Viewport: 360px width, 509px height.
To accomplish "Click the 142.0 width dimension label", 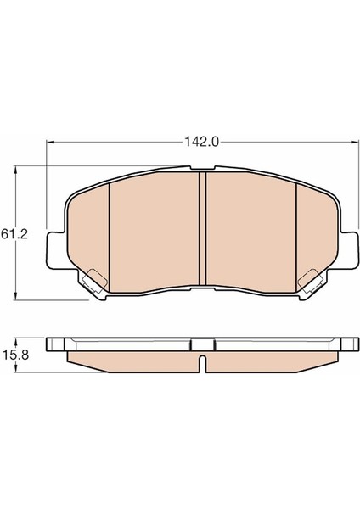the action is [x=201, y=142].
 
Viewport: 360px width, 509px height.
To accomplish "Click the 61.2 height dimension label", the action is [x=14, y=234].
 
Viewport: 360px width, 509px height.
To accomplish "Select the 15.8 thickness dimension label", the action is [x=15, y=355].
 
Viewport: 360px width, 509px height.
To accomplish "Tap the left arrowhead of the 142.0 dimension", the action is [x=50, y=142].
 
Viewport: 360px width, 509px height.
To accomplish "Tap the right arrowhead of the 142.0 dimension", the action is [x=353, y=142].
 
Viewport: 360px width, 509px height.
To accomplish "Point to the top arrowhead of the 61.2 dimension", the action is [x=15, y=169].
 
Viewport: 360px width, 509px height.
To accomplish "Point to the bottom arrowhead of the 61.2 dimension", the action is [x=15, y=296].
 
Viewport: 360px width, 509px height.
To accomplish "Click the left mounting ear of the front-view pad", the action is [x=55, y=250].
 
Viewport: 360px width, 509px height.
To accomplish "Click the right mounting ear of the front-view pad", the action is [x=349, y=250].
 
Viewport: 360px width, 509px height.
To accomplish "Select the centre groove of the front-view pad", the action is [x=202, y=229].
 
